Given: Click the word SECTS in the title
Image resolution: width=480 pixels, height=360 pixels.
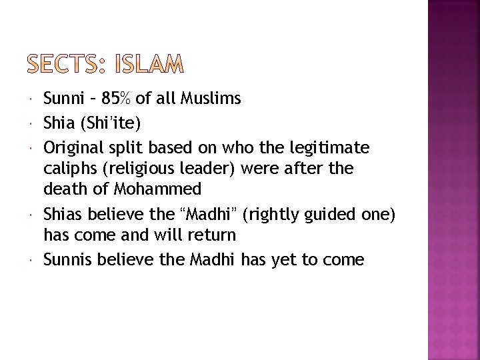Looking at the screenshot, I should [62, 65].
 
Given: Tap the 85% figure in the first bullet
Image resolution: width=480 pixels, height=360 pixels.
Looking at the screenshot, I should [118, 99].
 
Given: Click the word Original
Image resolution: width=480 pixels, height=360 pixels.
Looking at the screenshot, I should [72, 145].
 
